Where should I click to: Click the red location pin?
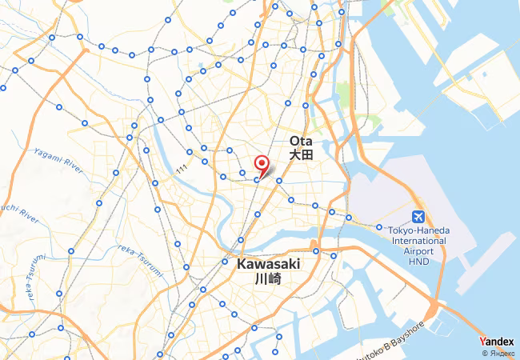pos(261,165)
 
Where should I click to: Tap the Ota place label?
pos(301,141)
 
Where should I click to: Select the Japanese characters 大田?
pos(301,155)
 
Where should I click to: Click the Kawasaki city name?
pos(268,264)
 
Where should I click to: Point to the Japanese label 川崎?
pos(268,279)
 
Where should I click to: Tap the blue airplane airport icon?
pos(418,217)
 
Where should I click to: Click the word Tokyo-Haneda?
pos(418,230)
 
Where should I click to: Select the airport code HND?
pos(418,262)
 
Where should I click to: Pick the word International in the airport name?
pos(418,241)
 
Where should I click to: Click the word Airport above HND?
pos(418,251)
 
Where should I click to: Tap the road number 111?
pos(182,167)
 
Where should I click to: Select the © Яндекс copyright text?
pos(497,352)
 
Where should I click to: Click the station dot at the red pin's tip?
pos(257,179)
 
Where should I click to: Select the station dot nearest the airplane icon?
pos(350,217)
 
